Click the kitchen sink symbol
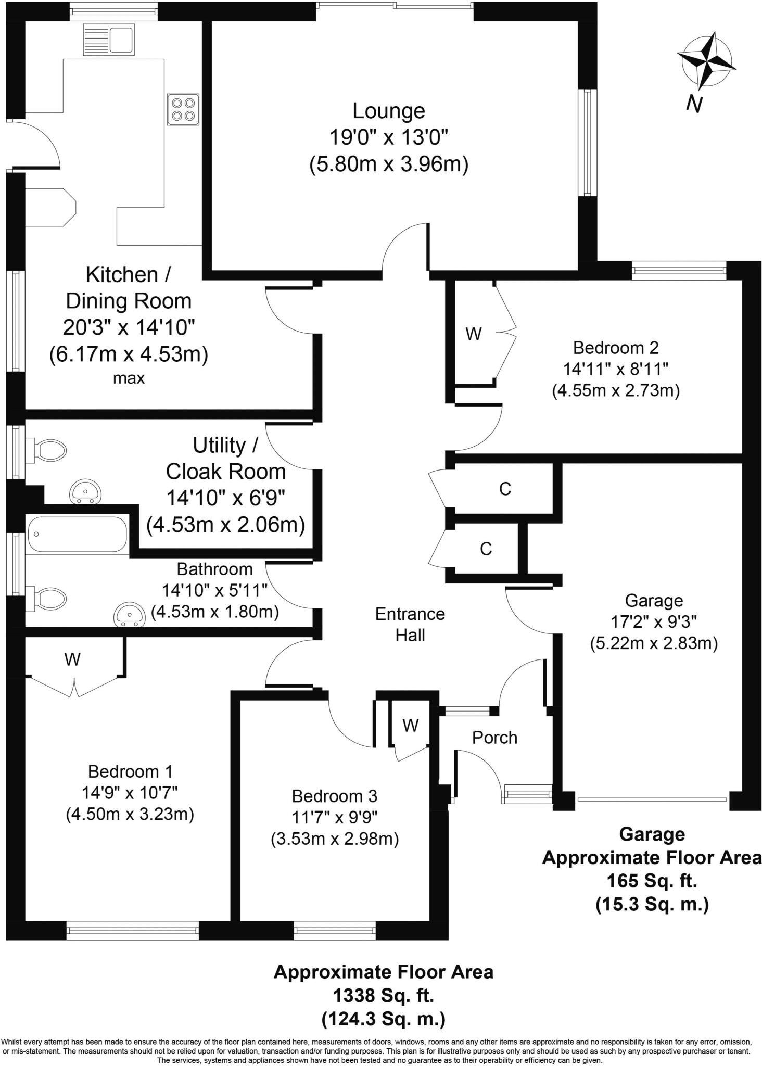109,40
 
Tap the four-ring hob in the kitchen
183,109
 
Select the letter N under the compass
694,104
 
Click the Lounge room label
388,111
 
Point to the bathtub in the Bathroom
77,534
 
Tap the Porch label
494,738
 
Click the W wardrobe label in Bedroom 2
473,334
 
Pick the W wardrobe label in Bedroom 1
72,659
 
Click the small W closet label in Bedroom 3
411,726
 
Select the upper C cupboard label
505,489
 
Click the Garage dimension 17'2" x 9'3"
653,622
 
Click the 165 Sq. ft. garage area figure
652,881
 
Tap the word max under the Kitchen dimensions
129,378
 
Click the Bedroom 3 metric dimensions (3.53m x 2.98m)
335,839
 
